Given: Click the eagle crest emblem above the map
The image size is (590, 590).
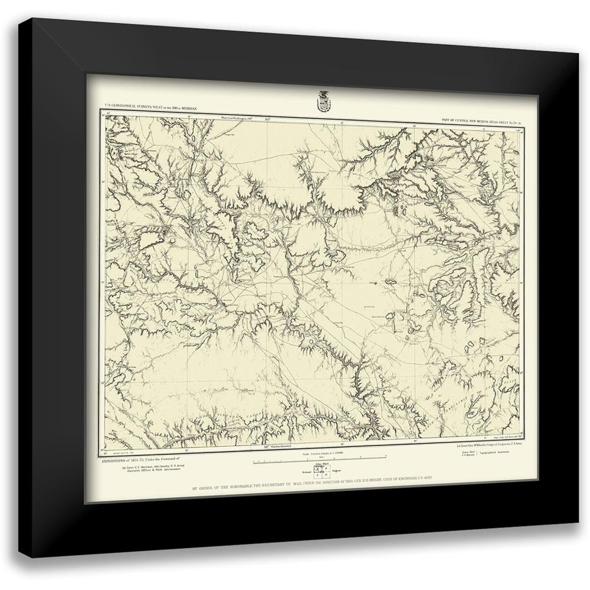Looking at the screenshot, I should click(x=323, y=101).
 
